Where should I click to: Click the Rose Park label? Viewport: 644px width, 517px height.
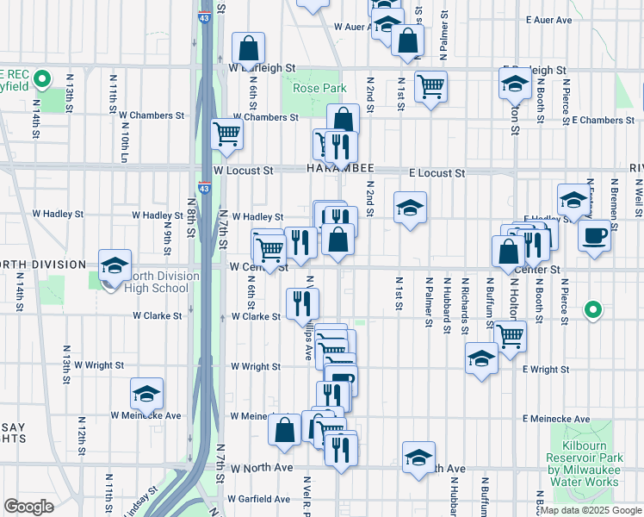319,89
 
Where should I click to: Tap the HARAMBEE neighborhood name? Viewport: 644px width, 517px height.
337,171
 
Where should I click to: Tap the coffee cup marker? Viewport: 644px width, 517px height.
594,235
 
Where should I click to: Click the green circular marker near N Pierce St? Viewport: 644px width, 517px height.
592,308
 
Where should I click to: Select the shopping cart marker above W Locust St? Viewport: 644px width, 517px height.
226,134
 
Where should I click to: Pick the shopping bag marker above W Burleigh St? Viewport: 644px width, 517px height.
248,47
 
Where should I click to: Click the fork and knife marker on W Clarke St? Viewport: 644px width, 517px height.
302,302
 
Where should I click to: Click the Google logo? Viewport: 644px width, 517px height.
28,507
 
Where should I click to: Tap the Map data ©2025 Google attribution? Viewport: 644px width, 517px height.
590,510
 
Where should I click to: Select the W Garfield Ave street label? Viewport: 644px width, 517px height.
259,499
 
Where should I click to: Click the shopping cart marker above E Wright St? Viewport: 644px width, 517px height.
510,334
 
